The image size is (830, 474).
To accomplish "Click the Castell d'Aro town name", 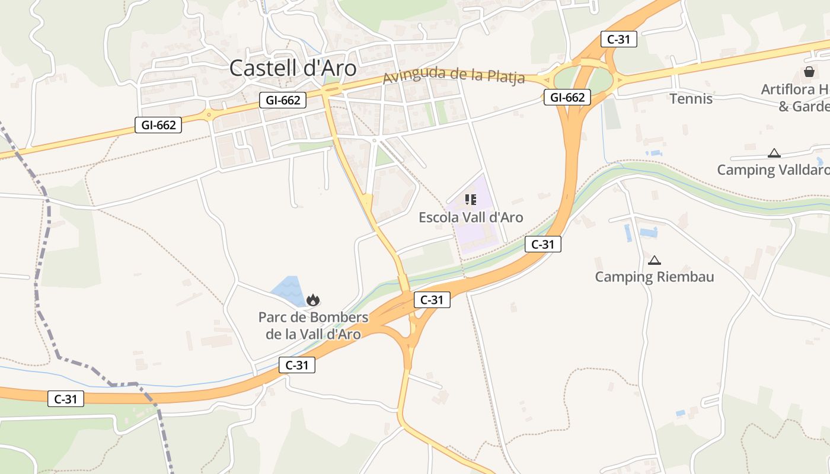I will tap(293, 68).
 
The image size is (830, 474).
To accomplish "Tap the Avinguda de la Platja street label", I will tap(454, 76).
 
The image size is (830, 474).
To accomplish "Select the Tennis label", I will tap(691, 98).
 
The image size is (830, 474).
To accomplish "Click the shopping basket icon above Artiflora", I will tap(809, 72).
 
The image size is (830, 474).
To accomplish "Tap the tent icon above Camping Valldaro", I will tap(774, 153).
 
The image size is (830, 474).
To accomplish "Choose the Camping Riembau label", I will tap(654, 277).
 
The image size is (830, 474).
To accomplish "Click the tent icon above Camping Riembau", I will tap(654, 260).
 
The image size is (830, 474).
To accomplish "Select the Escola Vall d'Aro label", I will tap(471, 217).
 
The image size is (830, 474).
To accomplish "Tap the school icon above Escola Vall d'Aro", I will tap(471, 200).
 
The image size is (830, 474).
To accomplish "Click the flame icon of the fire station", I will tap(313, 300).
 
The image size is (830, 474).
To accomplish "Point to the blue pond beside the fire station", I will tap(288, 289).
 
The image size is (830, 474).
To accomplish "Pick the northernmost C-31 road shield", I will tap(618, 40).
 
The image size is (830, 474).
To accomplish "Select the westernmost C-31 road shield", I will tap(66, 399).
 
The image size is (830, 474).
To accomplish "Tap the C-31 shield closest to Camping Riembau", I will tap(542, 244).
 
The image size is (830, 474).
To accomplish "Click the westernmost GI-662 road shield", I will tap(158, 125).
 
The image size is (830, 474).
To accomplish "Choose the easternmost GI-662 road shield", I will tap(567, 98).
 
